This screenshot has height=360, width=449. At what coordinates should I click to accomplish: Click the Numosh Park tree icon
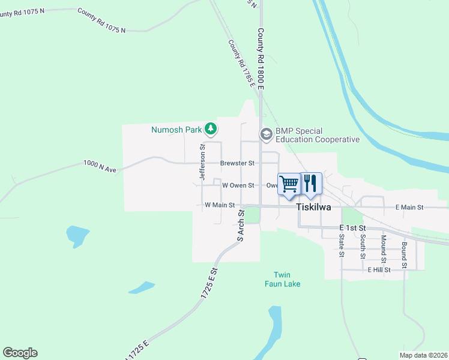tap(210, 128)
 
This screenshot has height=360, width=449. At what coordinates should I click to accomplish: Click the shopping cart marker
tap(289, 184)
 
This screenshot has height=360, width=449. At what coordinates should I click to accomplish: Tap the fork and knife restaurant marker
tap(310, 184)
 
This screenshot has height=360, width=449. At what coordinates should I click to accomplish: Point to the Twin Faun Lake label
tap(283, 280)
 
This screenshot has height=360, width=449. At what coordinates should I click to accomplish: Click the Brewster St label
tap(238, 163)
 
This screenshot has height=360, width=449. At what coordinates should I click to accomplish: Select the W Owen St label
tap(239, 186)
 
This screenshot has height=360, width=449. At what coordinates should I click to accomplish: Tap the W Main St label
tap(218, 205)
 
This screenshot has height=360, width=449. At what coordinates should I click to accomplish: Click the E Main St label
tap(409, 207)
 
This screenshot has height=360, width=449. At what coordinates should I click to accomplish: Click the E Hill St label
tap(379, 270)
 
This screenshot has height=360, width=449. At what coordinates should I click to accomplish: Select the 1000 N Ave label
tap(100, 166)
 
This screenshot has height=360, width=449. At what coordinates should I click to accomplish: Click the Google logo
tap(20, 353)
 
